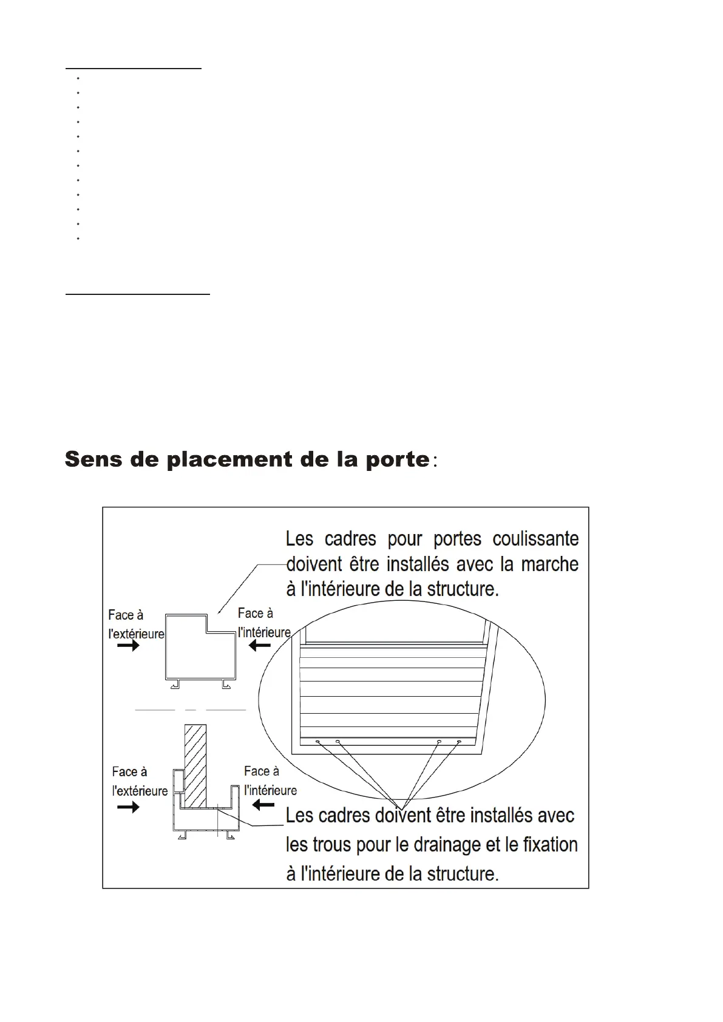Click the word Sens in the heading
93,459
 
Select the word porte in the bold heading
397,460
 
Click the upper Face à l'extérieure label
136,624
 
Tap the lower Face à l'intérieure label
270,780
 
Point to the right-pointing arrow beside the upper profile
128,646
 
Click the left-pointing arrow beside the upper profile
260,646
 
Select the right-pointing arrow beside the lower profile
128,807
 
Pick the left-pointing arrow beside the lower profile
263,805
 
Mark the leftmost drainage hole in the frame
317,742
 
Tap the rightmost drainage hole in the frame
459,742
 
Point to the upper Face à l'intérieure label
264,623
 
